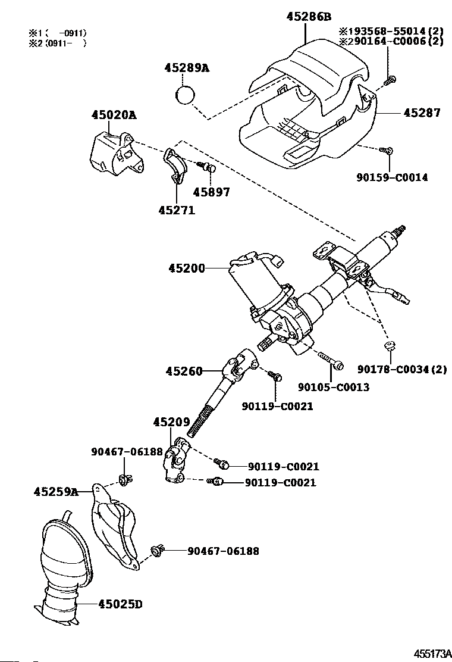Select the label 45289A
(187, 68)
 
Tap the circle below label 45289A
(187, 95)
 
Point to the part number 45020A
(114, 115)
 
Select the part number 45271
(177, 210)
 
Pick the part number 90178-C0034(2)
(402, 369)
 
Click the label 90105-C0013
(334, 387)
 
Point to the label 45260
(184, 371)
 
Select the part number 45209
(171, 421)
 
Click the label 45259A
(56, 492)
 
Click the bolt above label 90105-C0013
(330, 360)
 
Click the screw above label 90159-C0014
(386, 151)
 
